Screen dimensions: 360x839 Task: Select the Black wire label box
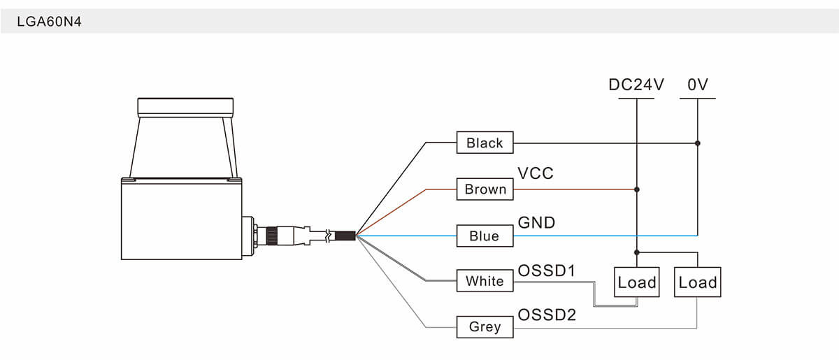point(485,143)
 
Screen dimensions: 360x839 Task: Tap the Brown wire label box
point(485,189)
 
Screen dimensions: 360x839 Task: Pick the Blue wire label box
point(485,236)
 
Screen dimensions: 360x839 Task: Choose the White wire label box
point(485,281)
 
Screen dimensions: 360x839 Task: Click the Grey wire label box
point(485,326)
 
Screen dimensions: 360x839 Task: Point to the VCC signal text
point(535,173)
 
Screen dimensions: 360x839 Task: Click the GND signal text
point(536,223)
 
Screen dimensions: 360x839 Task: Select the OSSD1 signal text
point(546,271)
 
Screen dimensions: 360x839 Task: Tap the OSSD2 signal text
point(547,315)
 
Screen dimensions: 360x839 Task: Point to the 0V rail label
point(698,85)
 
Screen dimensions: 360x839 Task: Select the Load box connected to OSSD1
point(637,282)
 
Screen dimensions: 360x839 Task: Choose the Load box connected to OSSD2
point(698,282)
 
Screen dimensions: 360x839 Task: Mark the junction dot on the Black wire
point(698,143)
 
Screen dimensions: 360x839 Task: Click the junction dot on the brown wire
point(637,189)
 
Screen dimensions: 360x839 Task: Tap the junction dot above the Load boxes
point(637,252)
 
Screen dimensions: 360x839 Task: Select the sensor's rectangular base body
point(182,218)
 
